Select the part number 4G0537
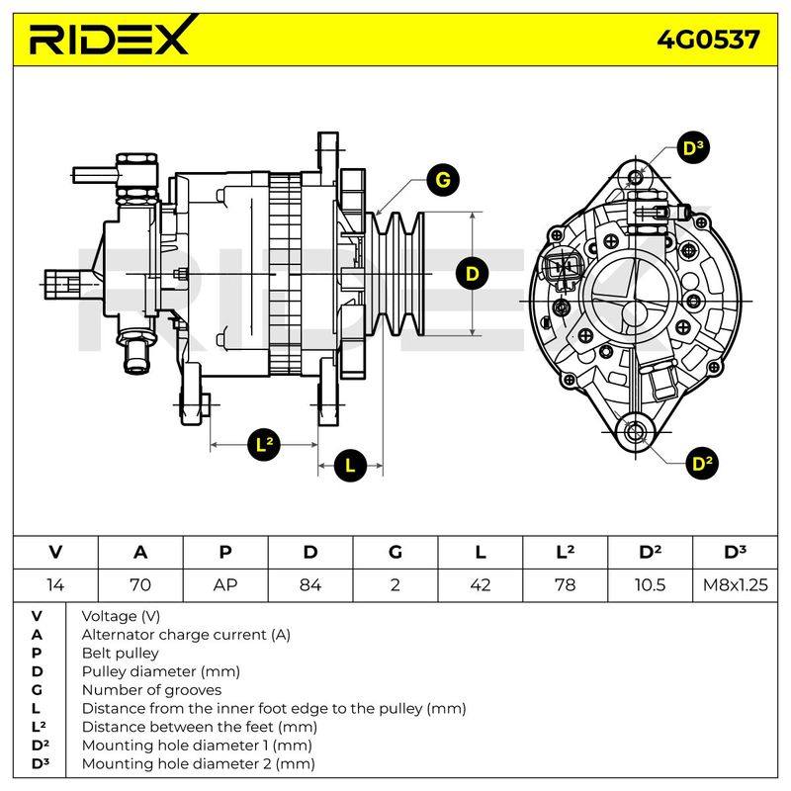(x=708, y=40)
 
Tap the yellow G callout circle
(x=442, y=180)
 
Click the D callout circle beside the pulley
(x=473, y=274)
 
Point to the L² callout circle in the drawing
(x=264, y=444)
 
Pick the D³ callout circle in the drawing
(x=693, y=147)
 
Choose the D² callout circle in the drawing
(x=702, y=463)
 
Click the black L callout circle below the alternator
(x=350, y=465)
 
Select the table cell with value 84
(x=310, y=585)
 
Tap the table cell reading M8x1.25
(x=735, y=585)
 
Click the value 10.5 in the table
(x=650, y=585)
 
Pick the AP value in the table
(x=225, y=585)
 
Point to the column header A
(x=140, y=553)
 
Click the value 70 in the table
(x=140, y=585)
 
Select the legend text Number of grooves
(x=151, y=689)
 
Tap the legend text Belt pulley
(x=120, y=654)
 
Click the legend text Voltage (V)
(x=121, y=616)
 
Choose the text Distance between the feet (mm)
(x=200, y=727)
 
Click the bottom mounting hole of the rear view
(x=634, y=432)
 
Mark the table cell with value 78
(x=565, y=585)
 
